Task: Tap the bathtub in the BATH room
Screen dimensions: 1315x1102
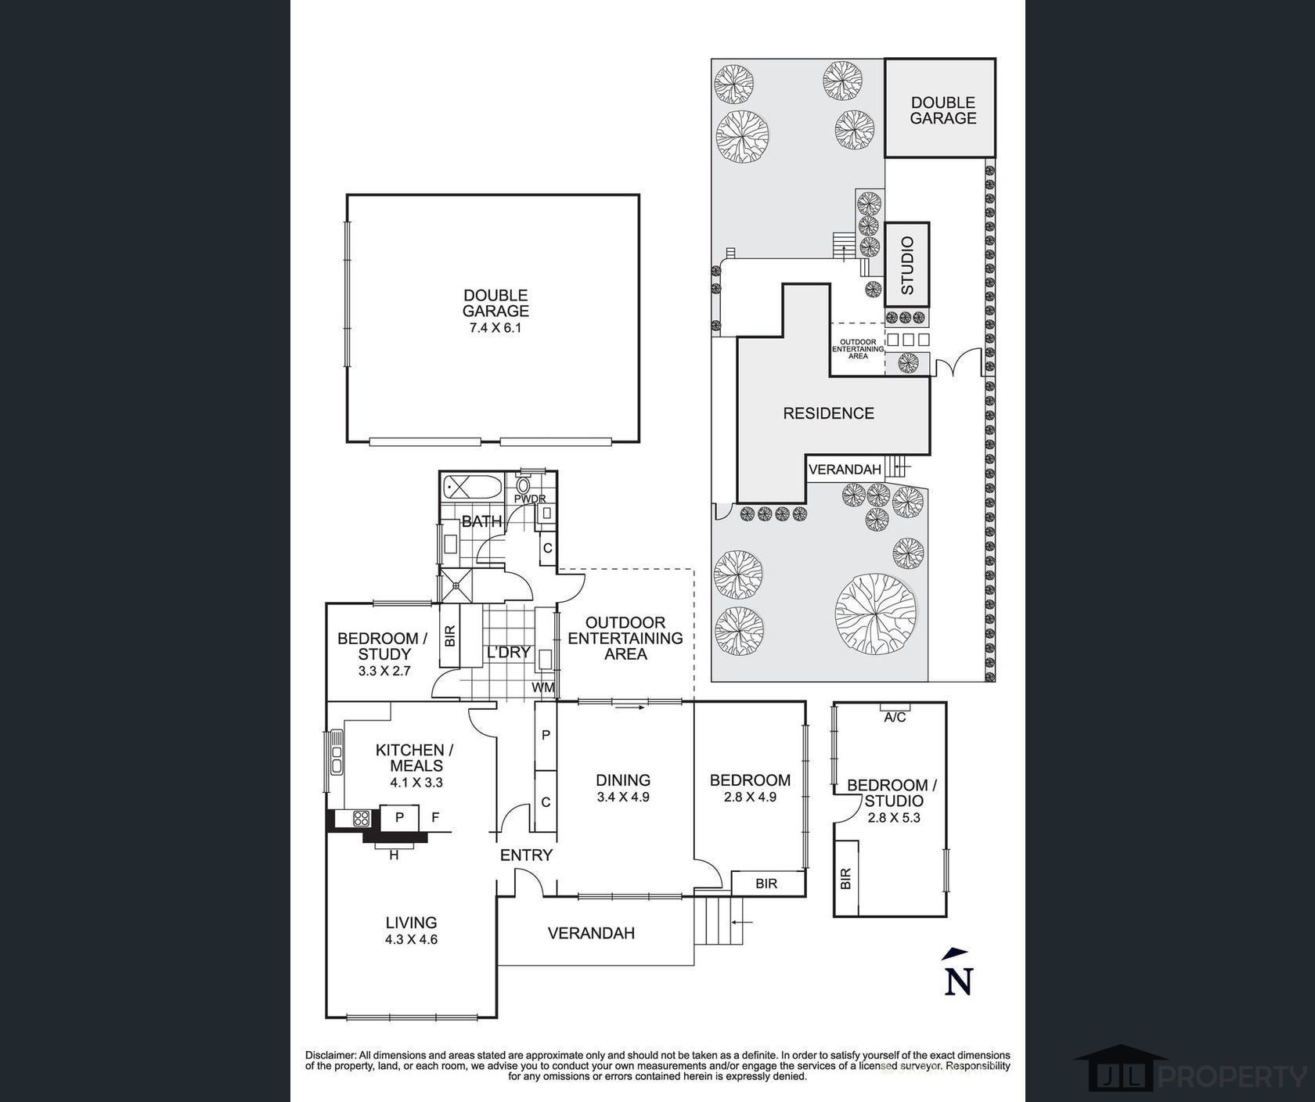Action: tap(473, 488)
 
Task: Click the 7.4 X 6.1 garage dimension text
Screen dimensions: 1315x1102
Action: tap(495, 328)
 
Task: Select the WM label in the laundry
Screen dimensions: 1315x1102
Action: tap(543, 687)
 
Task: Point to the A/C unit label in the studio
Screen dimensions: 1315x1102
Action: tap(895, 717)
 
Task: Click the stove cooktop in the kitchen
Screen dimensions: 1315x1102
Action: tap(362, 819)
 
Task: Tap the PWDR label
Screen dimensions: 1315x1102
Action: tap(530, 499)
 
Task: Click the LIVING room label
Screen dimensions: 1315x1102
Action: tap(411, 923)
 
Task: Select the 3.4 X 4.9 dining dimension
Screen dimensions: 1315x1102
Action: tap(623, 798)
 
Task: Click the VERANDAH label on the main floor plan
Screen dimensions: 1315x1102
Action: tap(591, 933)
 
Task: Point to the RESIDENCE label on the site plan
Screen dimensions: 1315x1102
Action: tap(829, 413)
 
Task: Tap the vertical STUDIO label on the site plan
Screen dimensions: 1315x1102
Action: tap(907, 266)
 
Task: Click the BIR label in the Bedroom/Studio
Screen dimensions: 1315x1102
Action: tap(845, 878)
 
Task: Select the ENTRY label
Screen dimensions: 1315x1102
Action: tap(526, 855)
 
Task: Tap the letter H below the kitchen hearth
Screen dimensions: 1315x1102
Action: tap(394, 855)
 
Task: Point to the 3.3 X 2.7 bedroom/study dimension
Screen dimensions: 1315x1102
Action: tap(384, 671)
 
